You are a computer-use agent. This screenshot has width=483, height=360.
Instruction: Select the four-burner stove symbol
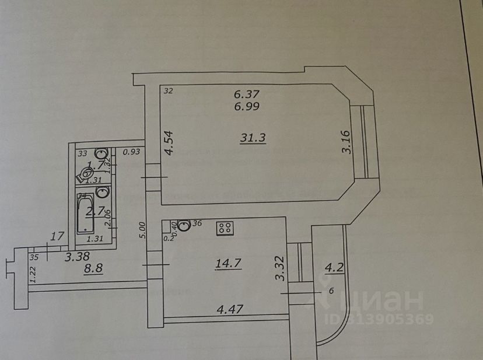[x=224, y=229]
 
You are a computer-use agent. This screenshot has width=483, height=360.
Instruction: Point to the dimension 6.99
[x=247, y=106]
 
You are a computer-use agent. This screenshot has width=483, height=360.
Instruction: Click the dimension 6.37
[x=247, y=93]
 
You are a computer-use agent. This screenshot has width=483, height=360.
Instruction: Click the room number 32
[x=169, y=90]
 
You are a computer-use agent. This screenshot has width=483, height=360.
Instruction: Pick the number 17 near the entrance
[x=57, y=236]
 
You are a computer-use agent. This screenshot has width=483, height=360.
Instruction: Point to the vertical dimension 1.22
[x=33, y=274]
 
